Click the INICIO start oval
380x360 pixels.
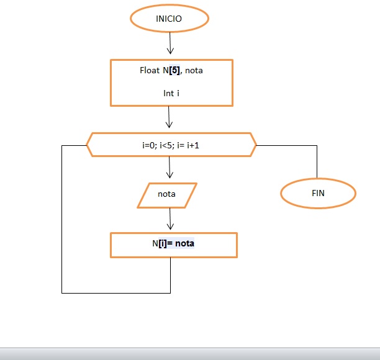click(x=170, y=19)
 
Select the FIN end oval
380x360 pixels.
click(x=318, y=194)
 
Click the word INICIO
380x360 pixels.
click(x=169, y=19)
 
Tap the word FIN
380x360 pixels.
click(x=318, y=194)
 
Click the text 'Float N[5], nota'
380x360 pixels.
click(x=171, y=70)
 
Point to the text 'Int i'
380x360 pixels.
click(x=171, y=93)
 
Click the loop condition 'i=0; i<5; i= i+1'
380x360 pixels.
click(x=171, y=145)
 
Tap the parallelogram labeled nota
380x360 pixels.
click(x=166, y=194)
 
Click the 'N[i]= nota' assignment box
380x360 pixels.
click(x=173, y=244)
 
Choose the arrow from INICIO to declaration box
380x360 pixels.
click(x=170, y=43)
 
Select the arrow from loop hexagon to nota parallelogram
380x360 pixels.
click(x=170, y=168)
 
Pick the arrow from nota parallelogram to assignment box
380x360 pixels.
click(x=170, y=218)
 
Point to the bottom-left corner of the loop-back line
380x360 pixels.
click(x=62, y=292)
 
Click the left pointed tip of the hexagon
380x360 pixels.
click(x=86, y=145)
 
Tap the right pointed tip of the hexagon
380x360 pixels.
click(x=255, y=145)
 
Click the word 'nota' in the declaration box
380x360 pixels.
click(x=194, y=70)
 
